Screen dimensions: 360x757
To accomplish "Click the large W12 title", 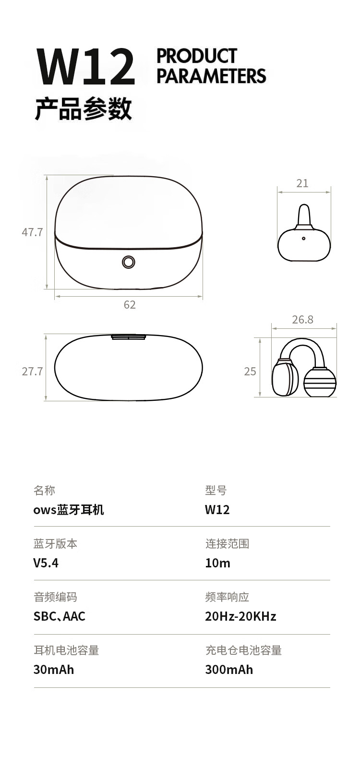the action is (86, 67).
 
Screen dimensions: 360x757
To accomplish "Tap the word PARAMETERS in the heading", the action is (211, 76).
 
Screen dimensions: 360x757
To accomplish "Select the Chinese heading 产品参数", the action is (83, 108).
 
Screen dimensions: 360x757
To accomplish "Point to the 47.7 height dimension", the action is (33, 232).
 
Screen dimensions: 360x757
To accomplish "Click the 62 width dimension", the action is (130, 305).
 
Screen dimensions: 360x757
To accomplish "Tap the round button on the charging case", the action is (129, 262).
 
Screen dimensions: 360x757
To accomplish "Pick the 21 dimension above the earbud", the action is (302, 183).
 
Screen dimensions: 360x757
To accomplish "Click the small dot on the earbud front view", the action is (303, 238).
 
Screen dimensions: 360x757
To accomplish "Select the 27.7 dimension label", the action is (33, 372).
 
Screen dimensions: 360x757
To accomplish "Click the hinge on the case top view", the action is (129, 337).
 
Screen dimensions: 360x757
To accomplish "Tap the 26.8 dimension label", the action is (302, 319).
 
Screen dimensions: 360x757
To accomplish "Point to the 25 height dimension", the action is (250, 372).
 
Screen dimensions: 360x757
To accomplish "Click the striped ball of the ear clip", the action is (320, 382).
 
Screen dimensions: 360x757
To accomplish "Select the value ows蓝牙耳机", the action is (69, 510).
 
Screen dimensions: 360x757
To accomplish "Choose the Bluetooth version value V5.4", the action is (46, 563).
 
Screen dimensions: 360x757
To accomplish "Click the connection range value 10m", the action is (218, 563).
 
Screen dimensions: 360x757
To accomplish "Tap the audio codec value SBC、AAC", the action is (60, 616).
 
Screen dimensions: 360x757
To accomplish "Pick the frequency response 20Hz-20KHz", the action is (240, 616).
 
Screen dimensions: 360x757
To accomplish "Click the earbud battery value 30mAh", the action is (54, 670).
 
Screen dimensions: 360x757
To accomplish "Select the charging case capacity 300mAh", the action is (229, 670).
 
